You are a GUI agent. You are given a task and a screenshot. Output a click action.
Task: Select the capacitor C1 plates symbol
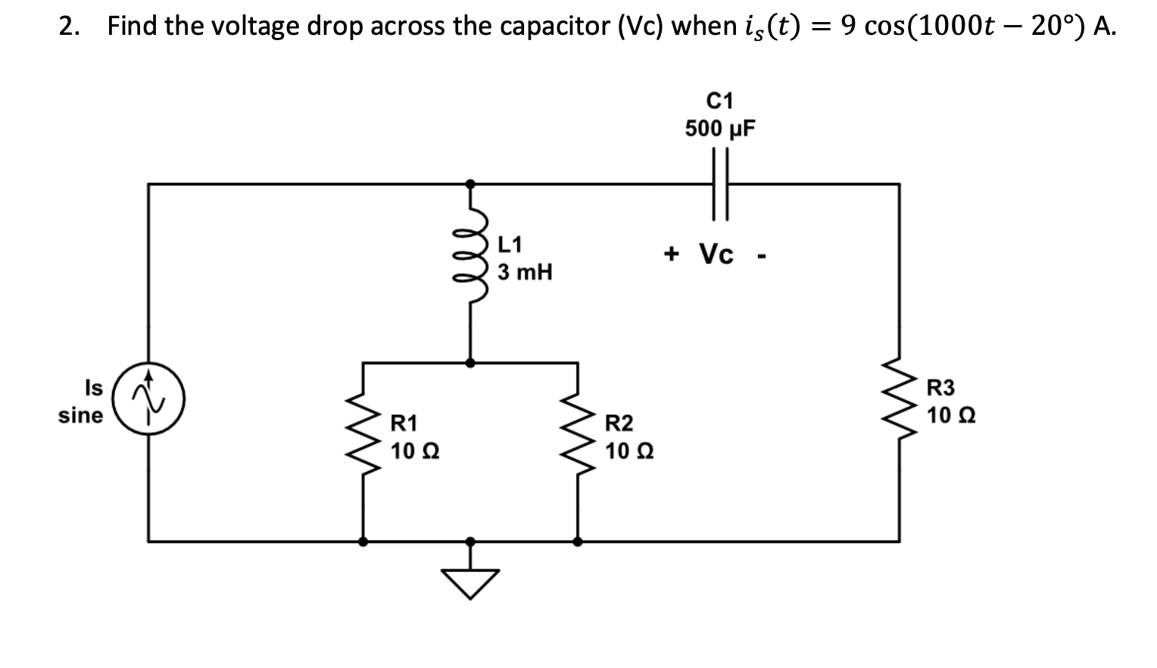(x=719, y=183)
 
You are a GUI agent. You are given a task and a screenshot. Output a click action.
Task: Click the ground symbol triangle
(x=470, y=582)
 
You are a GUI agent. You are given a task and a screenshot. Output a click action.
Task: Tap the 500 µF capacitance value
(x=720, y=129)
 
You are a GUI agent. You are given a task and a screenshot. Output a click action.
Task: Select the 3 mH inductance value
(x=525, y=272)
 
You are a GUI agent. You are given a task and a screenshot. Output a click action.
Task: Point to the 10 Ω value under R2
(x=629, y=451)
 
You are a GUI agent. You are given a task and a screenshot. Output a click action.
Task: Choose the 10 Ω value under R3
(x=951, y=416)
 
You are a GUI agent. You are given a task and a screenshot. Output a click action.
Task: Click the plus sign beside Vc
(x=671, y=254)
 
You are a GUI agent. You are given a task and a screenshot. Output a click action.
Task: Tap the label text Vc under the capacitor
(x=716, y=254)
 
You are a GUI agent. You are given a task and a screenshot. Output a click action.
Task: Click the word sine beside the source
(x=81, y=415)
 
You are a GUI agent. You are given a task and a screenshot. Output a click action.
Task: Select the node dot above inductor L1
(x=470, y=183)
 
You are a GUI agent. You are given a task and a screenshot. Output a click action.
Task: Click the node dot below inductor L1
(x=470, y=363)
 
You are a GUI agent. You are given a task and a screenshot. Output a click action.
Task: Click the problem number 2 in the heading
(x=68, y=27)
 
